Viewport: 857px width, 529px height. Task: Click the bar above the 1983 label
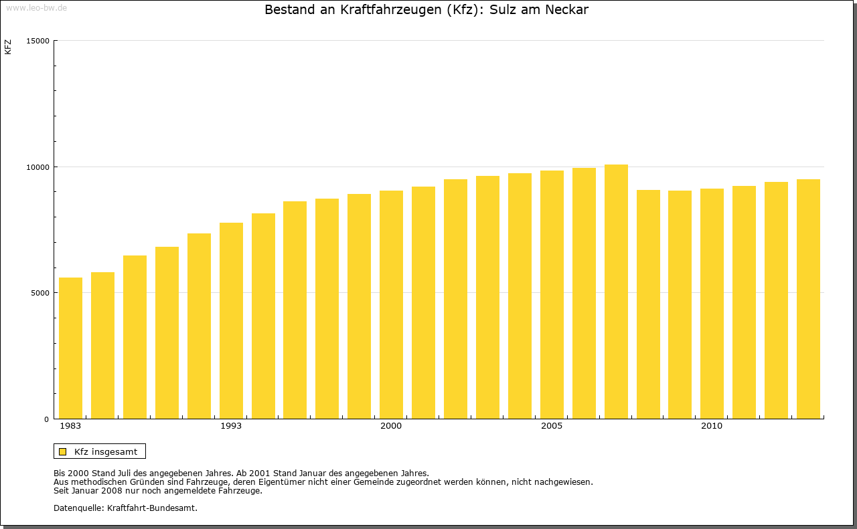coord(70,348)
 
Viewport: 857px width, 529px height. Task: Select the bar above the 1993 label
coord(231,321)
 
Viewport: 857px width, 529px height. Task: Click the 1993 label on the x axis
coord(231,426)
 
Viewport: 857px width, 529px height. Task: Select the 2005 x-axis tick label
coord(552,426)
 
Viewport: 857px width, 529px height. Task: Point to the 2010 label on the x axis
coord(712,426)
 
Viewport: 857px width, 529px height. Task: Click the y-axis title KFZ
coord(8,47)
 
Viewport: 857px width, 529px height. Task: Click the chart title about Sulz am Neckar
coord(426,10)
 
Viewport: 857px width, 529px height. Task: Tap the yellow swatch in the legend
coord(63,451)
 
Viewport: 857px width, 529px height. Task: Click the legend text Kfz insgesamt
coord(106,451)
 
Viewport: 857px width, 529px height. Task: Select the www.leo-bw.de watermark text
coord(36,7)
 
